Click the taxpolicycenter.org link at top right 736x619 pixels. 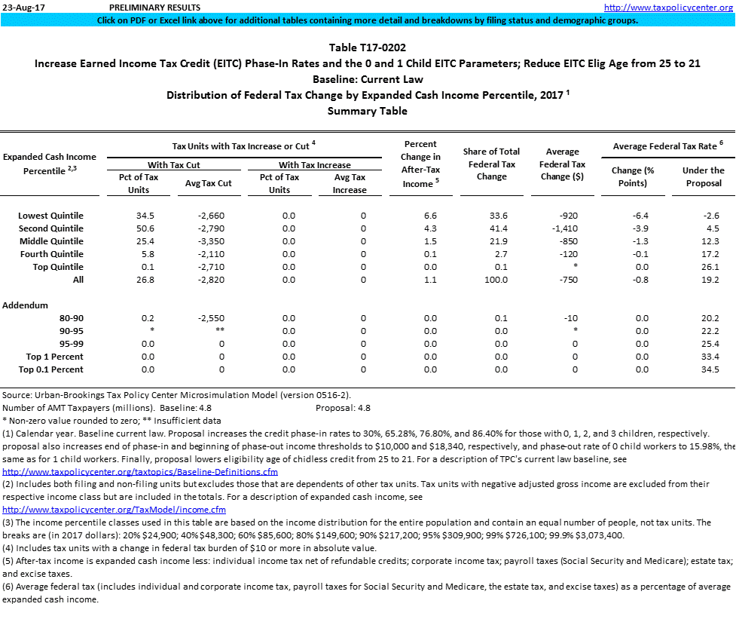tap(668, 8)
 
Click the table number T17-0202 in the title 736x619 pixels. tap(368, 47)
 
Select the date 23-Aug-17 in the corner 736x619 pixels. tap(20, 8)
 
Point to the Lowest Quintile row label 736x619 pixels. tap(50, 216)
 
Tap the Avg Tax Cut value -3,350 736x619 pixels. tap(207, 241)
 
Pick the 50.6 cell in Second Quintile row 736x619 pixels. tap(136, 228)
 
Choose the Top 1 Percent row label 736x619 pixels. tap(54, 357)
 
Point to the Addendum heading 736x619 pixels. tap(26, 305)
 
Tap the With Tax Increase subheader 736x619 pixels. tap(315, 164)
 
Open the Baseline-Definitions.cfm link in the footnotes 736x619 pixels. tap(140, 472)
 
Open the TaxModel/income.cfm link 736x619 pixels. tap(115, 510)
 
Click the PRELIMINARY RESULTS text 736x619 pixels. tap(149, 8)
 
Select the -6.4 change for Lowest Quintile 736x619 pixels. tap(643, 216)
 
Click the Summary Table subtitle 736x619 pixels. tap(368, 111)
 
